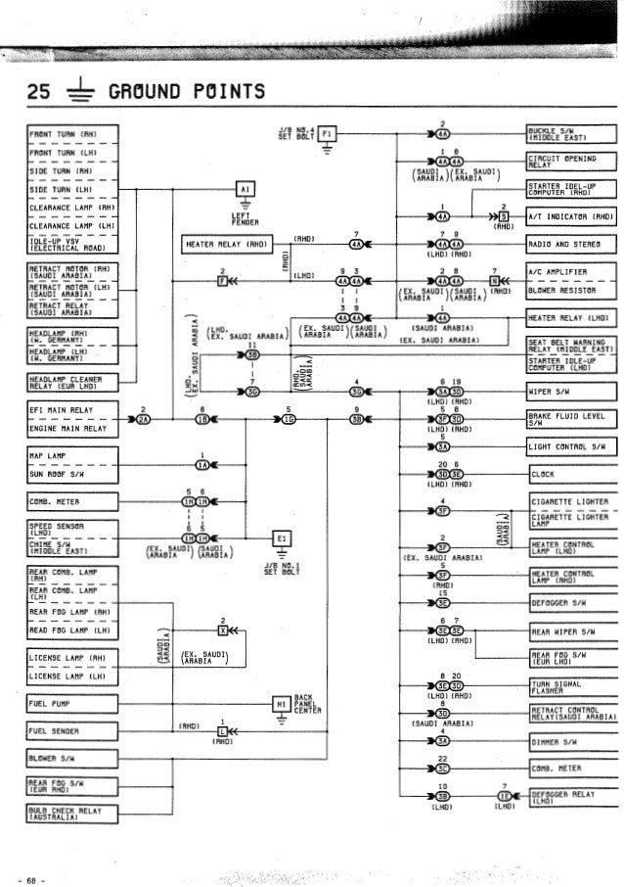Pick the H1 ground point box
[280, 704]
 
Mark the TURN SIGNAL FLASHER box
[557, 683]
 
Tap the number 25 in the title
[38, 93]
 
